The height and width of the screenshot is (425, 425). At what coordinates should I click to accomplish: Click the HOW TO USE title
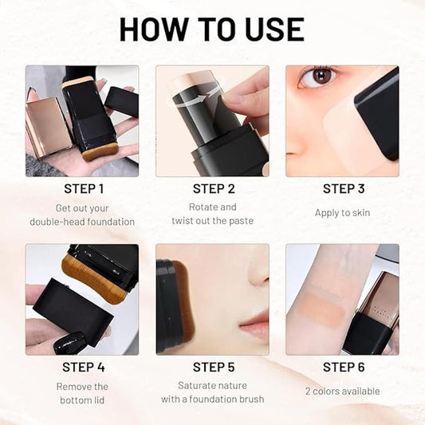coord(212,29)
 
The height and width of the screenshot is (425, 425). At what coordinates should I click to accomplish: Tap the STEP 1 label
coord(83,189)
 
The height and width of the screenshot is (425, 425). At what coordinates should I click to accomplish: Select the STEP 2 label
coord(213,189)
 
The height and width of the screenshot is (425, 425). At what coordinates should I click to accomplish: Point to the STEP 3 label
coord(344,189)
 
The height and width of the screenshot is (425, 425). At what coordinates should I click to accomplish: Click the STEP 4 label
coord(83,368)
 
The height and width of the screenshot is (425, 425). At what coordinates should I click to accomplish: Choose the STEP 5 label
coord(213,368)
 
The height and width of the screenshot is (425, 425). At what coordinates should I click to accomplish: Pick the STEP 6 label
coord(344,368)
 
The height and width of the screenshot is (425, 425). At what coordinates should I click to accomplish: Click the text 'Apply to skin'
coord(344,213)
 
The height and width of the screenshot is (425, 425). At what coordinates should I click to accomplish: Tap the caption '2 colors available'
coord(344,391)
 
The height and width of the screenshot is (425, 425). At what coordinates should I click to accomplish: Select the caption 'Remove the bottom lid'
coord(83,393)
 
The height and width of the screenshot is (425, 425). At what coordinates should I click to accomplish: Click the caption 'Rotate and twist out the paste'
coord(213,214)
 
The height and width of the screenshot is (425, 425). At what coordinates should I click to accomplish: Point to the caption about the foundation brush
coord(213,393)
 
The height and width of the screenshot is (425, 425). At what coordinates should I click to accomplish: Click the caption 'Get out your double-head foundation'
coord(83,214)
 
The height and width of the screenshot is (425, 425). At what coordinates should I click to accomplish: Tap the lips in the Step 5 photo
coord(254,325)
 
